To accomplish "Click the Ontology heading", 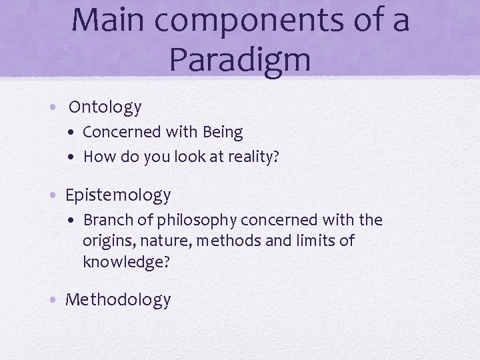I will coord(105,107).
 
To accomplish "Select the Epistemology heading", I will coord(118,195).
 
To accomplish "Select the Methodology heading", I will coord(118,300).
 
